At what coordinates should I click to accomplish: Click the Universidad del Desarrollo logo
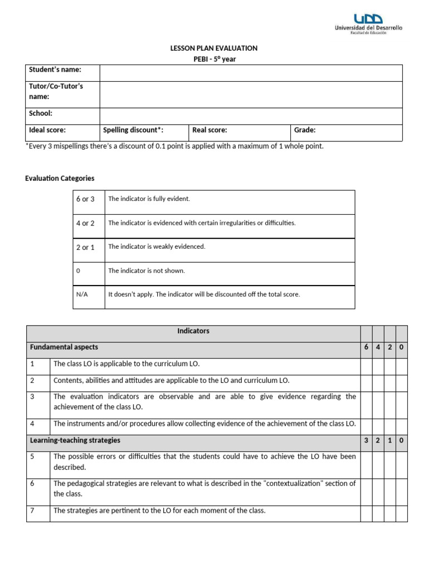[x=368, y=22]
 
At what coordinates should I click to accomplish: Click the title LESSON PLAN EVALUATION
[x=214, y=48]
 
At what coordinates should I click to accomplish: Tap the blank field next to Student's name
[x=251, y=73]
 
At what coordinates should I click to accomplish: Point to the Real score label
[x=210, y=130]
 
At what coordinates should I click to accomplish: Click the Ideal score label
[x=47, y=130]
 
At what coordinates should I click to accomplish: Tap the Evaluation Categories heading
[x=60, y=178]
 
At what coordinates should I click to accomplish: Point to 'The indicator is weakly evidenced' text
[x=157, y=247]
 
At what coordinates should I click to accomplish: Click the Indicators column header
[x=193, y=331]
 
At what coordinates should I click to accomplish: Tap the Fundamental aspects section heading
[x=64, y=347]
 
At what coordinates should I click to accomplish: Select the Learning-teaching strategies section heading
[x=75, y=440]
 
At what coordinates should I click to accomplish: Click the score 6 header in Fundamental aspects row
[x=366, y=347]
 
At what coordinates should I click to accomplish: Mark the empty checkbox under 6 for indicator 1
[x=366, y=364]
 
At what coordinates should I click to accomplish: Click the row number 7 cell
[x=38, y=510]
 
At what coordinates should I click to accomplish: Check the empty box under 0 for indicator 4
[x=401, y=424]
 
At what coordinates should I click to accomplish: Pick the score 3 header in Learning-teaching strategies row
[x=366, y=440]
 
